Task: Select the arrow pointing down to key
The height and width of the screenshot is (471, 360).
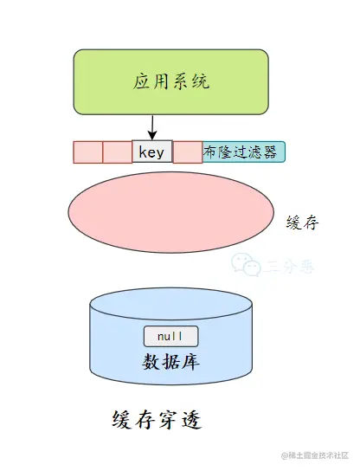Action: coord(152,127)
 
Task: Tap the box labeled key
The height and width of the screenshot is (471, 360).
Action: coord(152,152)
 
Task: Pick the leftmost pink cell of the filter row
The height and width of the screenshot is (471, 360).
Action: coord(87,152)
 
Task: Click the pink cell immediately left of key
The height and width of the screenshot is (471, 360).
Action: coord(117,152)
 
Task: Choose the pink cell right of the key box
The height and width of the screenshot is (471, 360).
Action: coord(188,152)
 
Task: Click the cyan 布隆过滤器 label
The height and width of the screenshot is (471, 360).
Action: coord(243,152)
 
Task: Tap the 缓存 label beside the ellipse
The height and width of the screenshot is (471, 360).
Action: coord(302,223)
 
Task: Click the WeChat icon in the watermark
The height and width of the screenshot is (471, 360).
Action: coord(248,265)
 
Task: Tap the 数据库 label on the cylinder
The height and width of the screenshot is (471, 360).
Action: coord(170,361)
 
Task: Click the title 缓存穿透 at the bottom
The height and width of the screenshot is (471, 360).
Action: coord(157,421)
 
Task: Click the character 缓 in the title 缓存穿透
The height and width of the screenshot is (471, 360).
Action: coord(123,421)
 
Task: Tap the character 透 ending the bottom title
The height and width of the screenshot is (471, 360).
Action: coord(190,421)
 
